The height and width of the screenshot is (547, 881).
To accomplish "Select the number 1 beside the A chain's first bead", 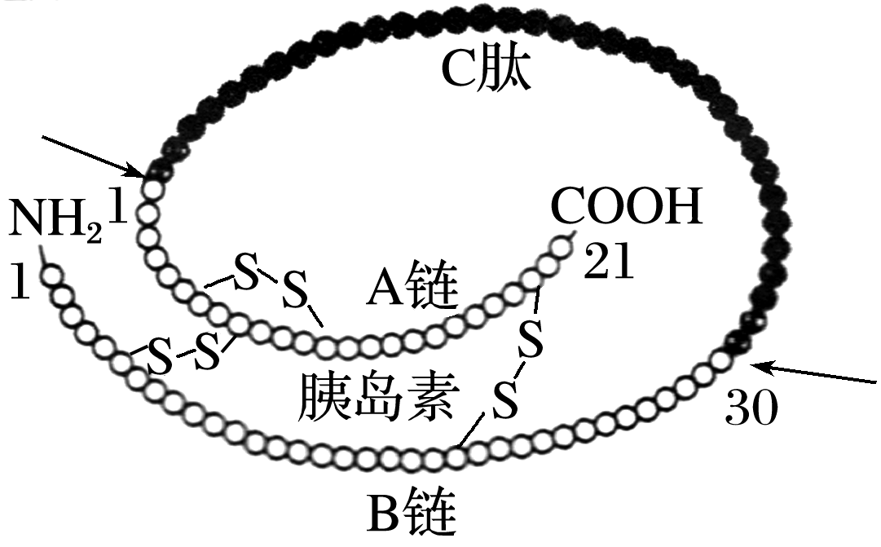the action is (x=120, y=208).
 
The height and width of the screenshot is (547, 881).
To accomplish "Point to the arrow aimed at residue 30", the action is (x=815, y=375).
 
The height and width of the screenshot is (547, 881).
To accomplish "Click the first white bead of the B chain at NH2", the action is (x=53, y=277).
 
